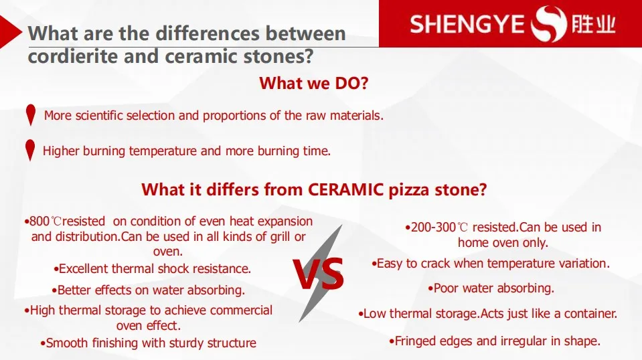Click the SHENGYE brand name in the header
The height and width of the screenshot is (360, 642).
[x=467, y=24]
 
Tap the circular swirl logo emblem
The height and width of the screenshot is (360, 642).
[x=549, y=23]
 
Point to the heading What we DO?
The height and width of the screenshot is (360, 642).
[x=314, y=83]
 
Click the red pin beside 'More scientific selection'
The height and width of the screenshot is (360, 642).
[x=31, y=114]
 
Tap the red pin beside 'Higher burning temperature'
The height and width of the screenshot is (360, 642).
[x=30, y=150]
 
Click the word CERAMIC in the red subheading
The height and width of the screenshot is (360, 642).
[x=345, y=189]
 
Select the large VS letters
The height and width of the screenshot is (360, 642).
[x=319, y=274]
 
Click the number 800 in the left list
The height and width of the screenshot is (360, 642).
[x=39, y=221]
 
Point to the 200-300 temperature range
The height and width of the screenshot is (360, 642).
[x=433, y=227]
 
